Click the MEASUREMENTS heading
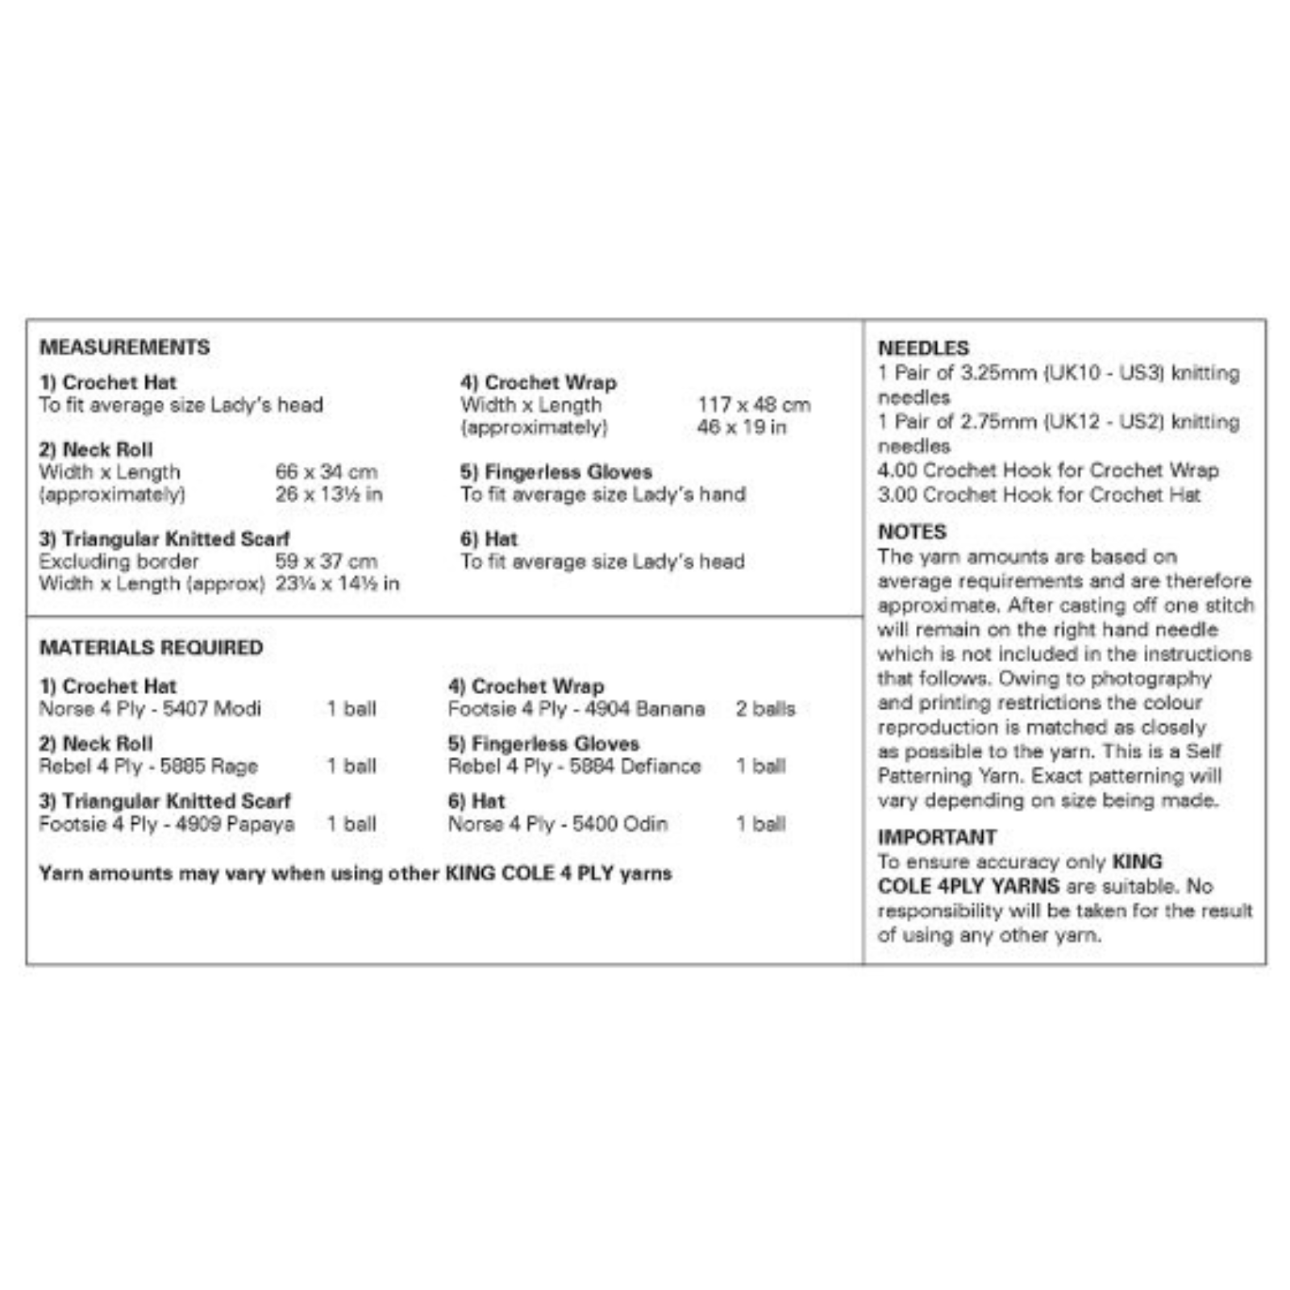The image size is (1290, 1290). click(124, 347)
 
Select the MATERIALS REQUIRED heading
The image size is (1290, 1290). click(151, 647)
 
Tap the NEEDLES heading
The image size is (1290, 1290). click(923, 348)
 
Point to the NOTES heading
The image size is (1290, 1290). click(912, 532)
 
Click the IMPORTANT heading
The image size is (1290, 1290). click(937, 837)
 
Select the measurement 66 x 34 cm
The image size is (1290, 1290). click(326, 472)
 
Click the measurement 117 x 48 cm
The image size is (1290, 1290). click(754, 405)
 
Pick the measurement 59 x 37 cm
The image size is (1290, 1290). click(326, 561)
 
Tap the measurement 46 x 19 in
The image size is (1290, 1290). click(741, 427)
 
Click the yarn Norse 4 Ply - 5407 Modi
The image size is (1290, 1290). click(150, 709)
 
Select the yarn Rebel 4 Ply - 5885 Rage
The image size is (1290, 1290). click(148, 766)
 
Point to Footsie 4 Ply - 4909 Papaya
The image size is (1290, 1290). click(166, 824)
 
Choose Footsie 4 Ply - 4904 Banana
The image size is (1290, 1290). click(576, 709)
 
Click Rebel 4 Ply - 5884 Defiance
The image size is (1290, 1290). click(574, 766)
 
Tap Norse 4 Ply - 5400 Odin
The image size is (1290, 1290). click(557, 824)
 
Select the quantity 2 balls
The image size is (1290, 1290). click(765, 709)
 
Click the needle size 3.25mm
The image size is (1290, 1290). click(998, 373)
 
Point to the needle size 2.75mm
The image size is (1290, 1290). click(998, 422)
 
